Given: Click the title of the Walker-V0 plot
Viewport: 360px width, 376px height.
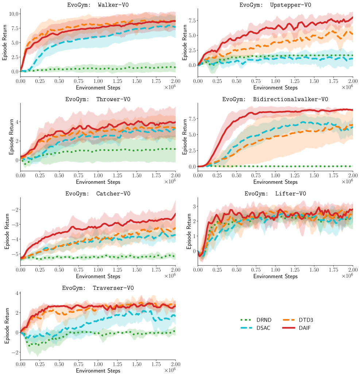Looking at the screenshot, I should point(98,5).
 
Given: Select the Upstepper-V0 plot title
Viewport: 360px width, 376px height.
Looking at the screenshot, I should point(275,5).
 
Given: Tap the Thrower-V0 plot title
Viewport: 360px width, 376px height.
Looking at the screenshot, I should point(98,99).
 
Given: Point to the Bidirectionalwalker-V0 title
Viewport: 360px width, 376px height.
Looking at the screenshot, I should point(275,99).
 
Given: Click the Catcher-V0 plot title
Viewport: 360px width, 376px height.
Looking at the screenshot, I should point(98,193).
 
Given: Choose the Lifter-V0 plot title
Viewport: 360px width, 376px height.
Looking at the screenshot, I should point(275,193).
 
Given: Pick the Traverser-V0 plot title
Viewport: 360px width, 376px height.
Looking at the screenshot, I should point(98,288).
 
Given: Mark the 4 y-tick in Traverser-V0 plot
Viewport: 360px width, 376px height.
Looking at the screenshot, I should point(17,293).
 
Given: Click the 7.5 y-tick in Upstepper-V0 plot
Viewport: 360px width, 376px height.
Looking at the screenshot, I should point(191,21).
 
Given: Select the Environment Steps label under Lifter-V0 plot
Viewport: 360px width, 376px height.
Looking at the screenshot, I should point(275,276).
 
